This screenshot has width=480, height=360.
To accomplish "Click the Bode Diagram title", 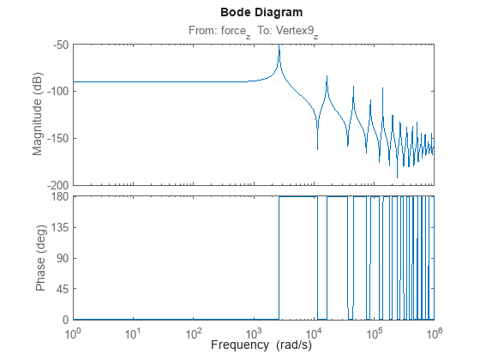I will [253, 13].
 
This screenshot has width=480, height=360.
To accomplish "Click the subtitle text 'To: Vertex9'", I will [287, 30].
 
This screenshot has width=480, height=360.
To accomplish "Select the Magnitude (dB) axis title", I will [38, 114].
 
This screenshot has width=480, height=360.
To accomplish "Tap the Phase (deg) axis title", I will [39, 258].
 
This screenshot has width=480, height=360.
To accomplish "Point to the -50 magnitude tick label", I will [58, 44].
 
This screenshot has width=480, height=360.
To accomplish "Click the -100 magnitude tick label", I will [56, 91].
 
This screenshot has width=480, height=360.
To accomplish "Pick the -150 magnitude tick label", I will [56, 138].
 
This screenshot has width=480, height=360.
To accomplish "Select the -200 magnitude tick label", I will [56, 185].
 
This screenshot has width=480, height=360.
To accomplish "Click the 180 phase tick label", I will [58, 196].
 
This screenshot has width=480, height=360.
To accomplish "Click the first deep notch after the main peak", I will [317, 147].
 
